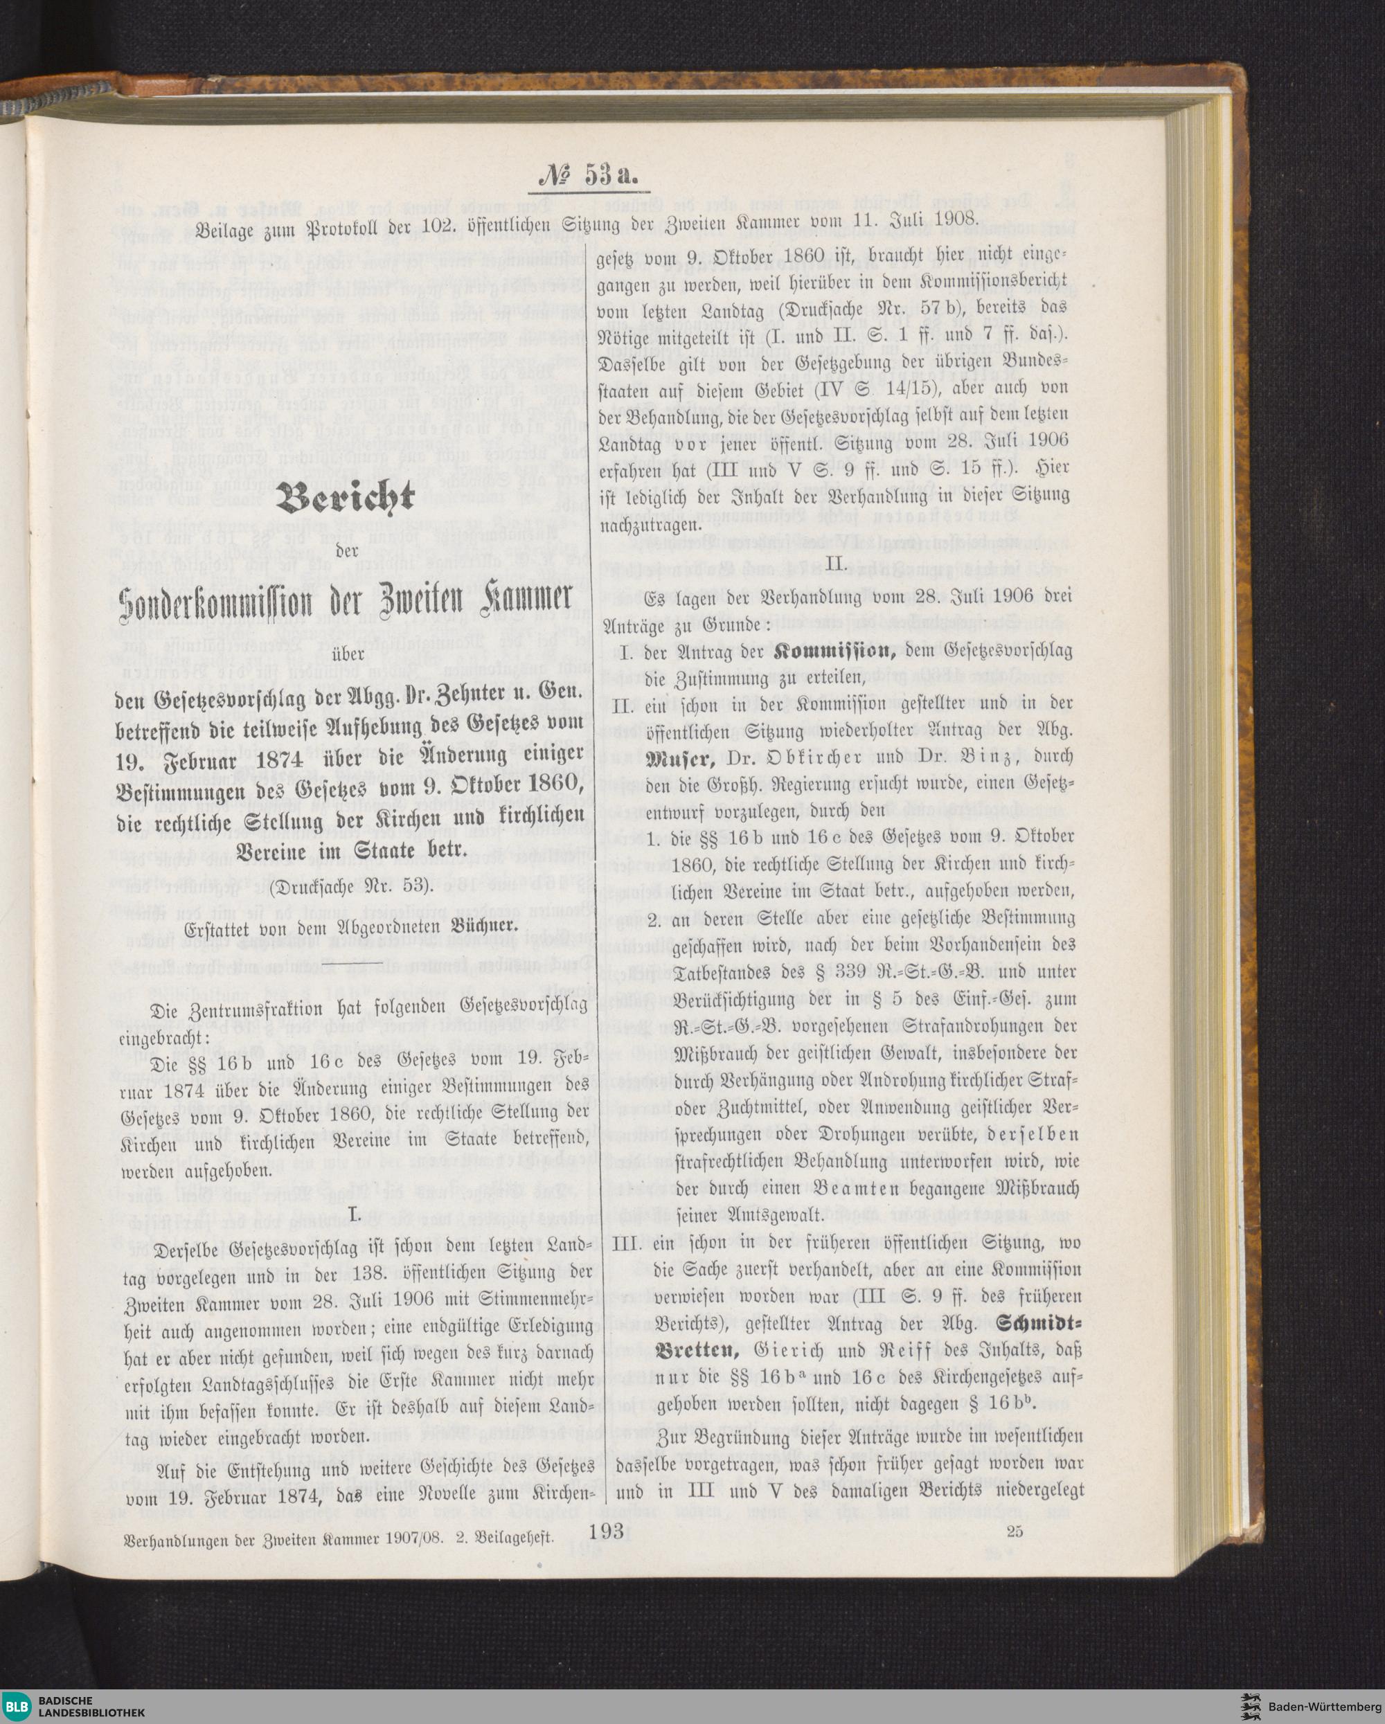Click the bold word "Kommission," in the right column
[x=835, y=650]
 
